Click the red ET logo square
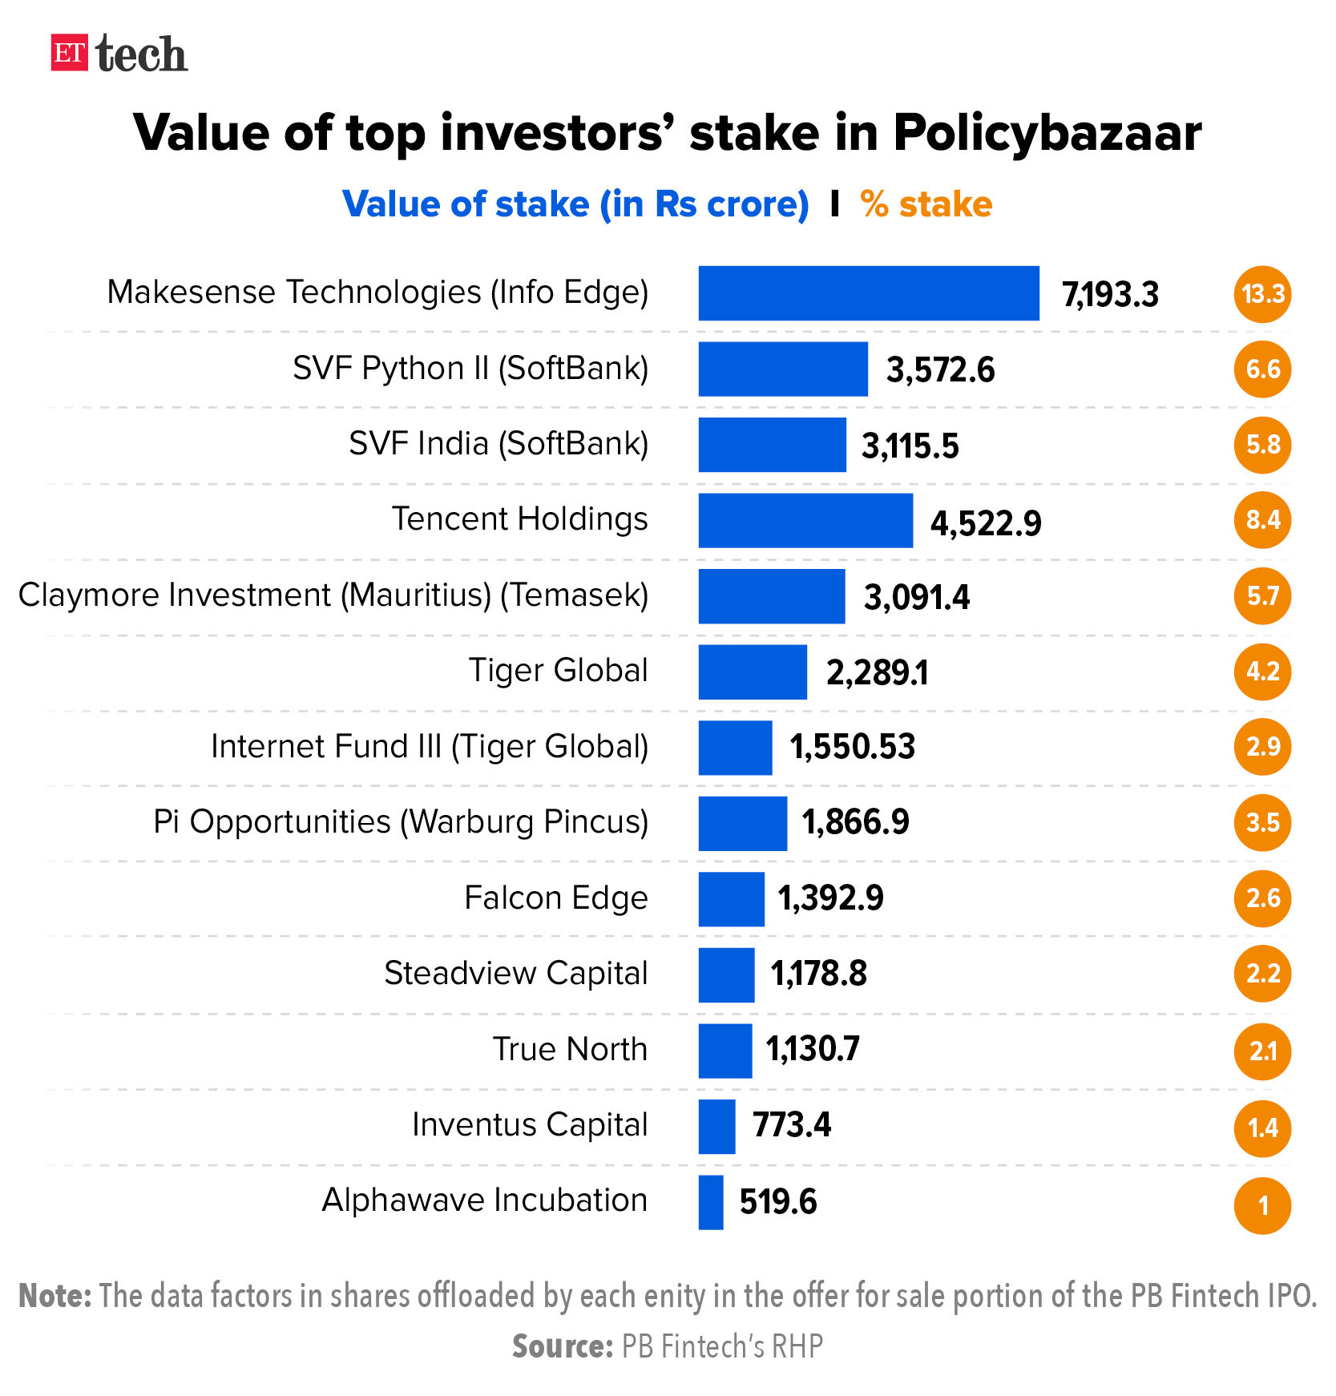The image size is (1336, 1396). tap(69, 53)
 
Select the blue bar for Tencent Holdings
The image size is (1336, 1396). tap(805, 521)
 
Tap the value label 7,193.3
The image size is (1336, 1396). tap(1110, 295)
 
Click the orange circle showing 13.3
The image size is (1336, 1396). tap(1262, 294)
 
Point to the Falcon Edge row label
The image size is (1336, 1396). tap(555, 898)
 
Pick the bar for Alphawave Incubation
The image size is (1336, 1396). tap(711, 1202)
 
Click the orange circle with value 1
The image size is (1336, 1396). tap(1262, 1204)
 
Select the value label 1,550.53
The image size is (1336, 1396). tap(852, 748)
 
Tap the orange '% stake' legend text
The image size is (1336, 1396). tap(926, 204)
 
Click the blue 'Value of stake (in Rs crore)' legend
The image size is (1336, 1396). tap(575, 204)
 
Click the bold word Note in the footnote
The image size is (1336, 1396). tap(54, 1296)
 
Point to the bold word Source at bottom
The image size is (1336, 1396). tap(562, 1346)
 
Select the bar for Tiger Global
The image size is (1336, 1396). tap(752, 672)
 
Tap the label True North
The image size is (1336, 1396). tap(570, 1050)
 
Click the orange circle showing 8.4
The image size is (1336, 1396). tap(1262, 521)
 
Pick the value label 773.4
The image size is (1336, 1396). tap(791, 1126)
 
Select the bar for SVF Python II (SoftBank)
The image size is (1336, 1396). tap(782, 369)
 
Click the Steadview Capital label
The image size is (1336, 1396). tap(515, 974)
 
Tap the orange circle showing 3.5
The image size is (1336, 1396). tap(1262, 823)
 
